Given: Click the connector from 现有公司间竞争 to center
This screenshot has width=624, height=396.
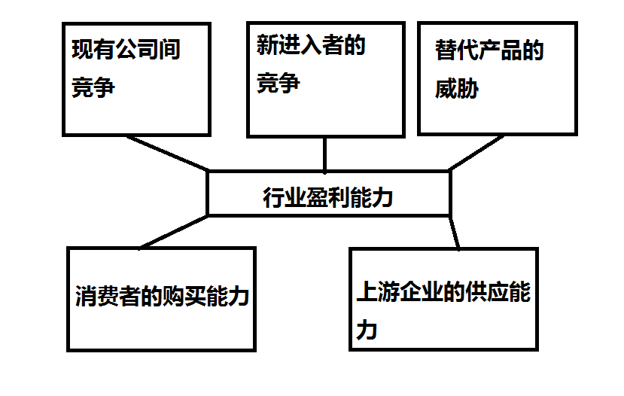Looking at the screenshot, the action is pos(167,154).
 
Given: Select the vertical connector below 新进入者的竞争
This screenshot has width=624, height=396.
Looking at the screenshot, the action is pos(324,154).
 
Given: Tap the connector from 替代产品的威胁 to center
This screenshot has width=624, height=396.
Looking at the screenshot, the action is pos(476,153).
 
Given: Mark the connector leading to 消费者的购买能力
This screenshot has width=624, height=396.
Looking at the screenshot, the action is pos(174,232).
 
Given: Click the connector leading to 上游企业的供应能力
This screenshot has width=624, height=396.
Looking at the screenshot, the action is pos(455,233).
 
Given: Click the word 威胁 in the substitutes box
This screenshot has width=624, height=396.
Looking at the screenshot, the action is pos(457,88).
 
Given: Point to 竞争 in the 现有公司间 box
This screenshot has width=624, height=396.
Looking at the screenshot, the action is pos(93,87).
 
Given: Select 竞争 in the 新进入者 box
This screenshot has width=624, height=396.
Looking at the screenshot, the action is pos(279,83).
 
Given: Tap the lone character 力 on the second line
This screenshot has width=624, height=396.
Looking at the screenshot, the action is pos(367,330).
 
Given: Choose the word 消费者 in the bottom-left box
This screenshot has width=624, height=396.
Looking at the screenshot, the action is pos(108,296).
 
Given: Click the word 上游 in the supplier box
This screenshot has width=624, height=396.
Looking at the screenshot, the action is pos(378,291).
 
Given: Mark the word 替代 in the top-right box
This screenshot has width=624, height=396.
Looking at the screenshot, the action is pos(456,50).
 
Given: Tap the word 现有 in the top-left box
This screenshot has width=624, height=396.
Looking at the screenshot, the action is pos(93,50).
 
